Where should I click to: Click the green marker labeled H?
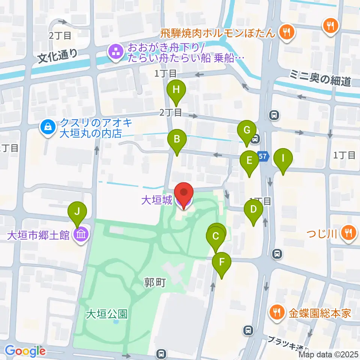point(176,90)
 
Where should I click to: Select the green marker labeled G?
point(247,131)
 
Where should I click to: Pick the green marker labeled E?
point(249,161)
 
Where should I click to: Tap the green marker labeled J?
point(77,212)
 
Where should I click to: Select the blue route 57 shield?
point(264,156)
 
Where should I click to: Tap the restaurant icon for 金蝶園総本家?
point(277,312)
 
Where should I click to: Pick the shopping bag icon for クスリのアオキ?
point(48,127)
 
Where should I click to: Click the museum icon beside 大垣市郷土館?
point(80,235)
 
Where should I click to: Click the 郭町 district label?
point(155,283)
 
